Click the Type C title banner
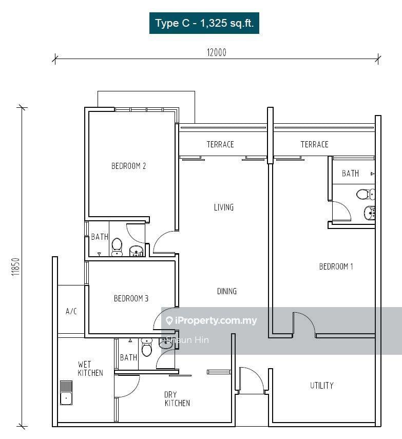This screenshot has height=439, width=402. pyautogui.click(x=204, y=23)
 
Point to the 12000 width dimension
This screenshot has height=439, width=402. pyautogui.click(x=216, y=52)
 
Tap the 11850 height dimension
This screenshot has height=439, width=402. pyautogui.click(x=16, y=267)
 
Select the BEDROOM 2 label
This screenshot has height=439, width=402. pyautogui.click(x=128, y=166)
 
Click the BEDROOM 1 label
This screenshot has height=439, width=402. pyautogui.click(x=336, y=266)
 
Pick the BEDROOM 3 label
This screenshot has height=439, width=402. pyautogui.click(x=131, y=298)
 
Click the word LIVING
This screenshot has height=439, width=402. pyautogui.click(x=224, y=207)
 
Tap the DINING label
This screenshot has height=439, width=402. pyautogui.click(x=227, y=291)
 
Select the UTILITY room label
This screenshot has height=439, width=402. pyautogui.click(x=322, y=386)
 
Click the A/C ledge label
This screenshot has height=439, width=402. pyautogui.click(x=71, y=311)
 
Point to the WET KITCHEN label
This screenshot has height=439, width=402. pyautogui.click(x=90, y=369)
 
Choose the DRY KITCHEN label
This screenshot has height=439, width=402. pyautogui.click(x=177, y=398)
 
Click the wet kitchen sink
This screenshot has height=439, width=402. pyautogui.click(x=66, y=392)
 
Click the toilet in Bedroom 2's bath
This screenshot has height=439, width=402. pyautogui.click(x=117, y=247)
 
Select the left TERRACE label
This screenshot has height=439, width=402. pyautogui.click(x=220, y=144)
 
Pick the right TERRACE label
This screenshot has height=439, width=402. pyautogui.click(x=314, y=144)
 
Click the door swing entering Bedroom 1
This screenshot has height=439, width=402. pyautogui.click(x=304, y=323)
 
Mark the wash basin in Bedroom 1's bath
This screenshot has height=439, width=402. pyautogui.click(x=370, y=213)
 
